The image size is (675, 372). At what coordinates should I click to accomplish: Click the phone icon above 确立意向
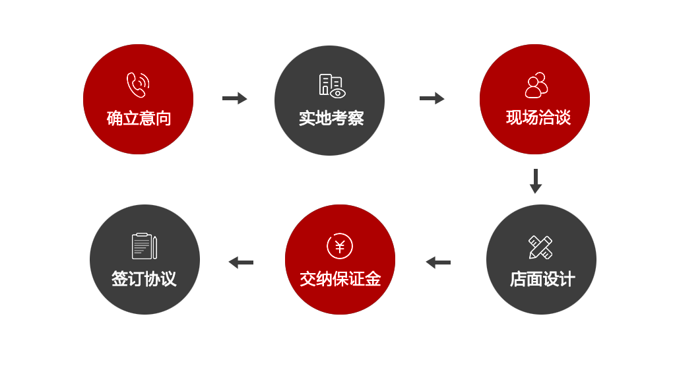point(138,85)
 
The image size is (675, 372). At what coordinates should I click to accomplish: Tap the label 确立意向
point(139,119)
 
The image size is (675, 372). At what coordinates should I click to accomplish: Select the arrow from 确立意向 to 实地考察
point(234,98)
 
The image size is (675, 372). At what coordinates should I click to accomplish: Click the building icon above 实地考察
point(332,85)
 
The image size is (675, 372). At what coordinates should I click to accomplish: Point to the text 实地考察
point(331,119)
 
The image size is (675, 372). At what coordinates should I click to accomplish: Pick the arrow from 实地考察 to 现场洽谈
point(432,98)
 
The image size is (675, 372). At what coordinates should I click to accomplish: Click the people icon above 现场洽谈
point(536,85)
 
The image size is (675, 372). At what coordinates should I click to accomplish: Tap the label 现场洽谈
point(538,118)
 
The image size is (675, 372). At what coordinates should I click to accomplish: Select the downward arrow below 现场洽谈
point(535,181)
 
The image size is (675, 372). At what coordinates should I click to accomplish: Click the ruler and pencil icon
point(540,247)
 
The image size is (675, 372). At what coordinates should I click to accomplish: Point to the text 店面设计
point(542,279)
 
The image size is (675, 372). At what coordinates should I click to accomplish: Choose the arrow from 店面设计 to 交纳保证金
point(438,263)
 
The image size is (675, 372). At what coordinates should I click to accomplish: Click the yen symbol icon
point(340,246)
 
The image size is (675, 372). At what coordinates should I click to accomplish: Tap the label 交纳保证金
point(340,279)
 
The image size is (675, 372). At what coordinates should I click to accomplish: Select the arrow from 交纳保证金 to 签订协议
point(241,263)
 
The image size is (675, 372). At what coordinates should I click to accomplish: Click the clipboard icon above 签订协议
point(144,246)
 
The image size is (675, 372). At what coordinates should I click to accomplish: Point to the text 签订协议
point(144,279)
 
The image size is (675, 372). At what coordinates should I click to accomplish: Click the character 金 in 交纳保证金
point(373,279)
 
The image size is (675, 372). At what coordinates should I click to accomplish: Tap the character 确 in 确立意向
point(115,119)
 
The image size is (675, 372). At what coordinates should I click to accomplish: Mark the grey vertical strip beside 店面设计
point(593,259)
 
